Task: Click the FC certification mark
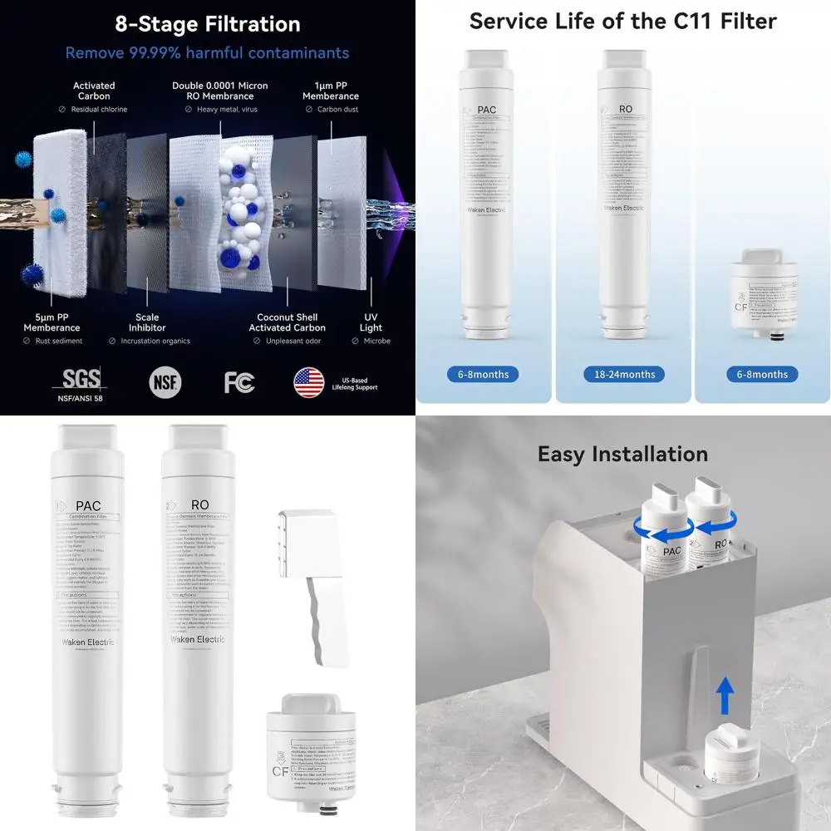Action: click(x=238, y=382)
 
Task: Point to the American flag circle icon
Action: click(x=308, y=382)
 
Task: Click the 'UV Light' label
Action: click(x=371, y=322)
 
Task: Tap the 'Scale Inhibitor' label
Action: click(x=147, y=322)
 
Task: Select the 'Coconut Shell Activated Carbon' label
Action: click(x=287, y=322)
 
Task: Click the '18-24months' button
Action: click(x=625, y=374)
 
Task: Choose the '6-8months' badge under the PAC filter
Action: click(x=484, y=374)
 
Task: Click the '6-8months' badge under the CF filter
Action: click(x=763, y=374)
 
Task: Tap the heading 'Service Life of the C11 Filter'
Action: click(x=623, y=21)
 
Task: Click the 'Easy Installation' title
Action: click(x=622, y=454)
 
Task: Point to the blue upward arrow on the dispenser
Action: click(x=725, y=695)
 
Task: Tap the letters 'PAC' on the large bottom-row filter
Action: click(x=88, y=505)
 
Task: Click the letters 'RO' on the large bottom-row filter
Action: click(x=199, y=504)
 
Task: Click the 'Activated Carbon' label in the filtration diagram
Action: click(x=94, y=91)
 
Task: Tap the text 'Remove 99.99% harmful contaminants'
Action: click(x=208, y=53)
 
